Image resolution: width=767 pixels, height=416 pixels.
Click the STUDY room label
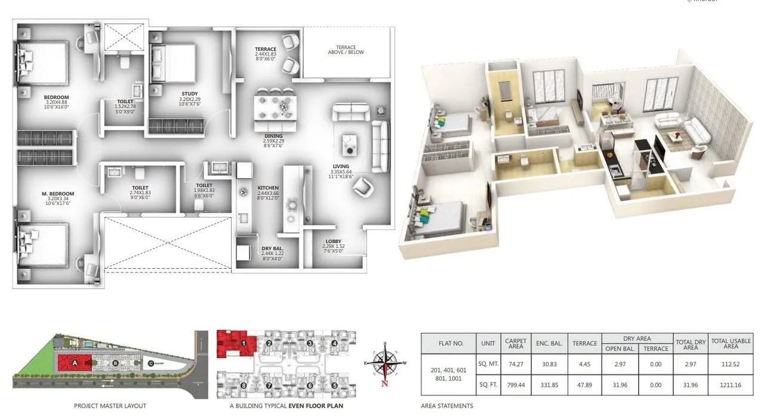coord(190,94)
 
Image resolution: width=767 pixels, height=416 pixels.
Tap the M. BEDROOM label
coord(58,194)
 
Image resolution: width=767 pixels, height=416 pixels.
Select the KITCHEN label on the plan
coord(268,188)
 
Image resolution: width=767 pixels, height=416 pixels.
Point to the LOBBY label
coord(334,241)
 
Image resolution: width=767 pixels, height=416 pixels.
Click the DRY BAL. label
coord(272,249)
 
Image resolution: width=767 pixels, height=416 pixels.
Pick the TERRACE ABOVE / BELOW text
coord(346,49)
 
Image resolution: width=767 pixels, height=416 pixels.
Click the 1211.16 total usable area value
coord(730,386)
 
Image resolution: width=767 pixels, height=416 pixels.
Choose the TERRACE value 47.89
coord(584,386)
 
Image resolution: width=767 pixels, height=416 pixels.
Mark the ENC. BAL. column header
coord(549,343)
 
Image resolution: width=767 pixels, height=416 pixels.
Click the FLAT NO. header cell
coord(450,343)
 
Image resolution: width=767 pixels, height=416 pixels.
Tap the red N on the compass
coord(385,384)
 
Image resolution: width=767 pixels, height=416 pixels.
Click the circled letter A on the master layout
coord(75,362)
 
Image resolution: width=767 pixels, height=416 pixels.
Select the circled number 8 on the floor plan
coord(244,386)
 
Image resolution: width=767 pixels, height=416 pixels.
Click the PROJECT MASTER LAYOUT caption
coord(110,406)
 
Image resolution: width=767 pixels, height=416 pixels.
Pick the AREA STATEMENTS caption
coord(447,406)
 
